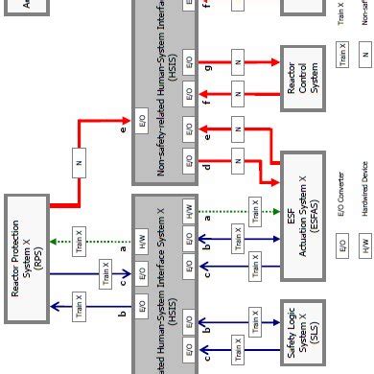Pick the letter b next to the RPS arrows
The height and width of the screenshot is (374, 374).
tap(123, 286)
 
